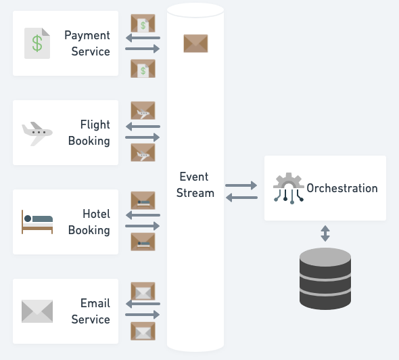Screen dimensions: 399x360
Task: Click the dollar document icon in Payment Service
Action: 37,43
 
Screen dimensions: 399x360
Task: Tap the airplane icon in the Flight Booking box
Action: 37,134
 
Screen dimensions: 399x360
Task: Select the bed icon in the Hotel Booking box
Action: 37,222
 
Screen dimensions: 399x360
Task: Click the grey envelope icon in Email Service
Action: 37,311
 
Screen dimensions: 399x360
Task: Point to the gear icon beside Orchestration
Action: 289,188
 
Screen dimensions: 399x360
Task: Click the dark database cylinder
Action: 325,279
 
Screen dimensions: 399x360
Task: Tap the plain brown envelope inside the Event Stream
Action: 195,43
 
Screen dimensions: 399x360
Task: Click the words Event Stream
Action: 195,185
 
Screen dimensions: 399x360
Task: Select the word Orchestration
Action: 342,188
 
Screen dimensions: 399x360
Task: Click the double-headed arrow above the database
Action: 325,233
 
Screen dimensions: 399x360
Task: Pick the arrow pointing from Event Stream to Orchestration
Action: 241,185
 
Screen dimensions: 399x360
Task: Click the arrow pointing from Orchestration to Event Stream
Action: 241,198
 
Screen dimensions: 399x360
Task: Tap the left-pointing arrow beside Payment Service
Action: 143,38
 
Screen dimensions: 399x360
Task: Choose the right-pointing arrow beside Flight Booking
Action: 143,137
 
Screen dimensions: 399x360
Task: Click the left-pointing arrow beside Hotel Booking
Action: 143,215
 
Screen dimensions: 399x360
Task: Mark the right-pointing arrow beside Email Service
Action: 143,315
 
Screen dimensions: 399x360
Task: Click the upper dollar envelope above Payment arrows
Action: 143,23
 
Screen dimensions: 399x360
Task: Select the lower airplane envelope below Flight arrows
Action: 143,152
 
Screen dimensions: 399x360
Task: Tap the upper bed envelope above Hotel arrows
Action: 143,200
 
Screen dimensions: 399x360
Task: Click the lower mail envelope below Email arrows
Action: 143,331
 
